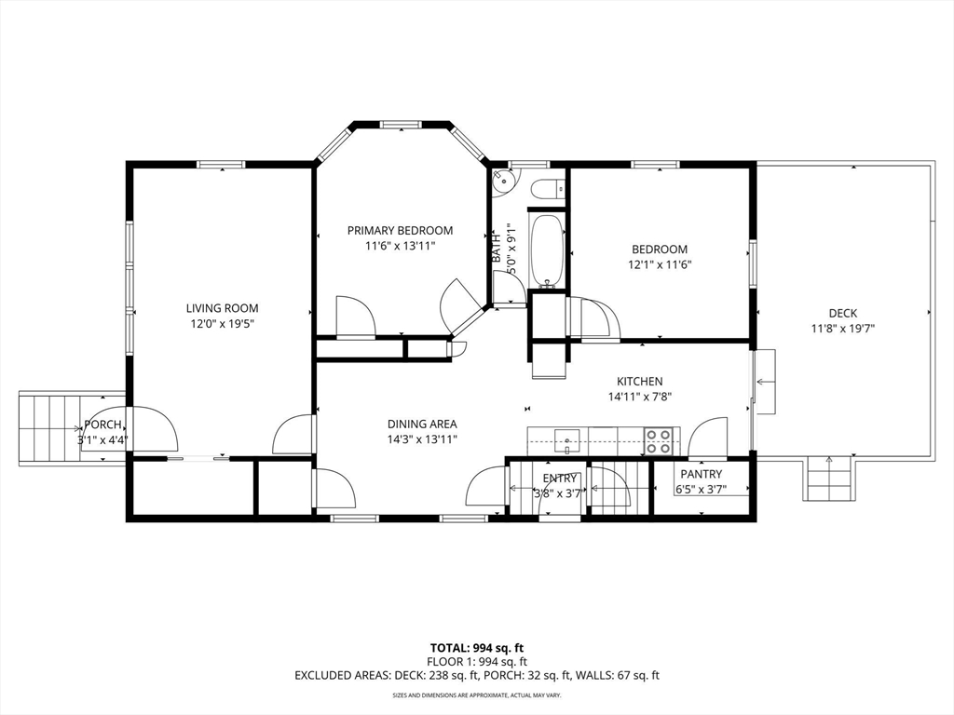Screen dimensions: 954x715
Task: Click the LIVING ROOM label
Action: (222, 308)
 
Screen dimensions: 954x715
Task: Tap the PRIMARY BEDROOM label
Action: (400, 231)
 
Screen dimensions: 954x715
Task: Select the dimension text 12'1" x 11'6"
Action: (660, 265)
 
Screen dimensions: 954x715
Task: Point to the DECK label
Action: (842, 313)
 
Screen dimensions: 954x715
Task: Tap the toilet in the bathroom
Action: (548, 190)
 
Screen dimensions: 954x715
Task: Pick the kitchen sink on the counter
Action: (567, 440)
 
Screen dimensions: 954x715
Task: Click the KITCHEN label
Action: (639, 381)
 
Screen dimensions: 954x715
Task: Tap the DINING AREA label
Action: (422, 424)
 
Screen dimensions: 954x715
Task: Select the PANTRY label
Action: (701, 474)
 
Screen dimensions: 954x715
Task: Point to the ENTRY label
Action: (559, 479)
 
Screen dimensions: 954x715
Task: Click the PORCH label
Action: (102, 425)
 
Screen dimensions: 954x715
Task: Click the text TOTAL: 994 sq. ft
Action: (476, 648)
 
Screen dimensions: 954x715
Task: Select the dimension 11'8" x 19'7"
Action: (842, 329)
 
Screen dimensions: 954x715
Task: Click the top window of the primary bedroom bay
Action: (401, 125)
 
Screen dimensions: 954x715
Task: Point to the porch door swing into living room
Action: (155, 430)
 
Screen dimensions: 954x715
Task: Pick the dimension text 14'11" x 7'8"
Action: (639, 397)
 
